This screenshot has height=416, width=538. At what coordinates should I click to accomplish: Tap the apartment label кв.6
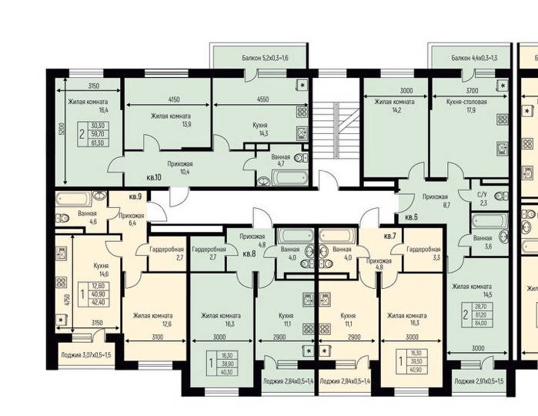411,217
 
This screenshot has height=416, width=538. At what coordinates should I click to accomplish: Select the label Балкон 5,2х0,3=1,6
262,58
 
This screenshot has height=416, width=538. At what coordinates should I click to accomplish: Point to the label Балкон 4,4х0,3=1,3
474,58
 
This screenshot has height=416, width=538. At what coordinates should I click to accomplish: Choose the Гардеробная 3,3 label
423,255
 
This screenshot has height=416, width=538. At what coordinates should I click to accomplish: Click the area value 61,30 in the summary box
98,143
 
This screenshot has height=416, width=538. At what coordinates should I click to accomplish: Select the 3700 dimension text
471,90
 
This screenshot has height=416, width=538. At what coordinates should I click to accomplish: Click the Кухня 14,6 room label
102,268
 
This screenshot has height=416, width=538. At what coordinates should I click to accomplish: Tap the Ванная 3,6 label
483,243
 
